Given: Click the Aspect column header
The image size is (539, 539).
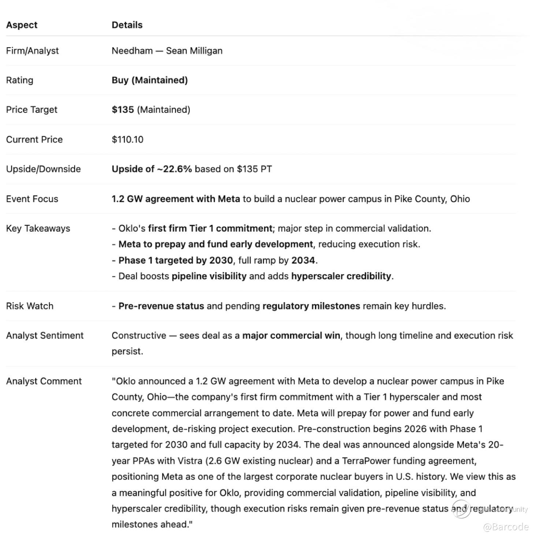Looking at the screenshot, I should [22, 25].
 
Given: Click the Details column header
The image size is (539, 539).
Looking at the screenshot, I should [127, 25].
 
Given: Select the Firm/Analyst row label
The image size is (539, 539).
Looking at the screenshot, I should [32, 51].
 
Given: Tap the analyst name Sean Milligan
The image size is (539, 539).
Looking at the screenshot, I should [194, 51].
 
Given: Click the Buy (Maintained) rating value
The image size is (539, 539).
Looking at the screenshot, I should [149, 80].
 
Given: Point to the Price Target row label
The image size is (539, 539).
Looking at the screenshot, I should [31, 109].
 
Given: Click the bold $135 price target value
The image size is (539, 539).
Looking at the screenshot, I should [123, 109].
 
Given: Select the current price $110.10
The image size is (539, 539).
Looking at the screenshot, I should [127, 140].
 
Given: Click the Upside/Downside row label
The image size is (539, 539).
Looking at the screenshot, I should [43, 169].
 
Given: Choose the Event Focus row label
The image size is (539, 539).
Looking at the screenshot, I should [32, 199].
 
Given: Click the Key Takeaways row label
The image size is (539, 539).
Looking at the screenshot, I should [38, 228].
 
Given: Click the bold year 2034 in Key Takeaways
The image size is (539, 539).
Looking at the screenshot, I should [303, 260].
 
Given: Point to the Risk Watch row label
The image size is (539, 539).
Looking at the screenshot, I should [30, 306].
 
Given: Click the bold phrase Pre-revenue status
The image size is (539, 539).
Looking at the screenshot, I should [161, 306].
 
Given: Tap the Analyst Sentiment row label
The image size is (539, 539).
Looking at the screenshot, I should [45, 335].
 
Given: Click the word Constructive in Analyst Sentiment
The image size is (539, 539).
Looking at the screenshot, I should [139, 335].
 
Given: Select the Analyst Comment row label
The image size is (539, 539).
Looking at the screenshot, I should [44, 381].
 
